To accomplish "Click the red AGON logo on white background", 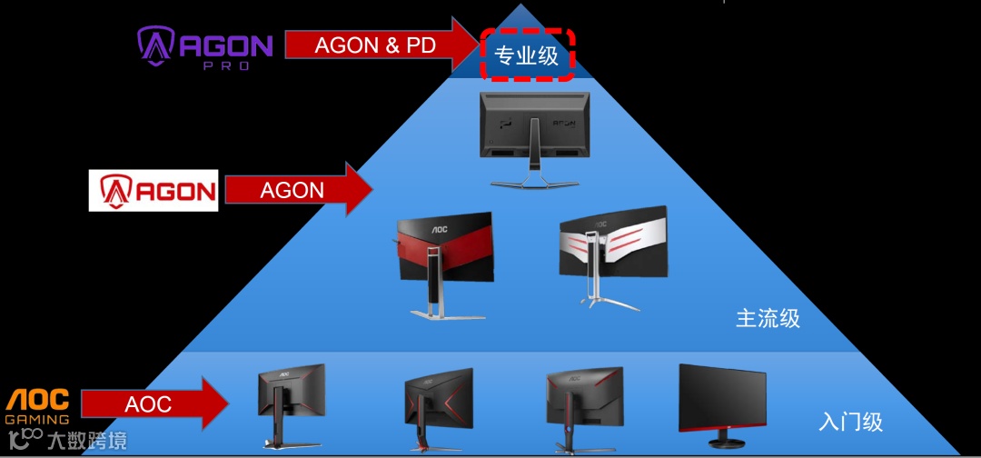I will click(x=154, y=190).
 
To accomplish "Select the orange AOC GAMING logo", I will click(x=38, y=405).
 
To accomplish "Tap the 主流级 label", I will click(x=768, y=318).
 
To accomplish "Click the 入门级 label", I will click(x=850, y=422).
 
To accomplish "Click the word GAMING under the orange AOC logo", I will click(x=37, y=419).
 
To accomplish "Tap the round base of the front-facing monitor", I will click(x=724, y=443).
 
